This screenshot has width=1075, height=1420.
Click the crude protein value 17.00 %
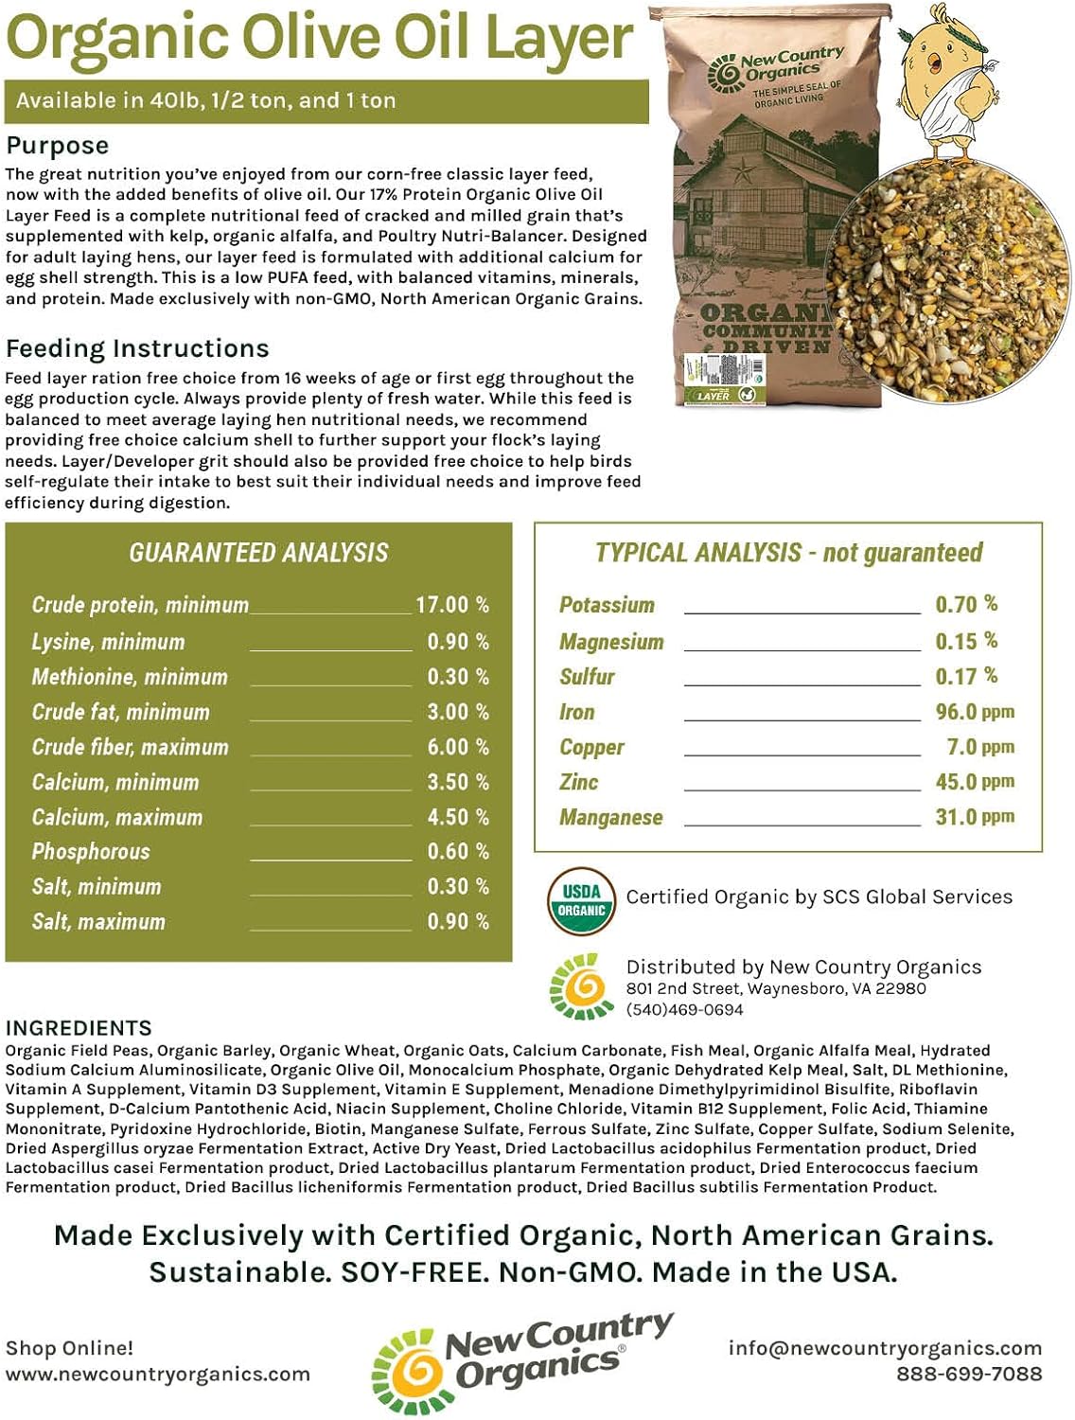(x=452, y=605)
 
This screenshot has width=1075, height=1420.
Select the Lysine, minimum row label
(x=108, y=642)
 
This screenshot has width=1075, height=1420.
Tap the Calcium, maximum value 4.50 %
(x=458, y=817)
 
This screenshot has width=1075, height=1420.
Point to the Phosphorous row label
(x=91, y=852)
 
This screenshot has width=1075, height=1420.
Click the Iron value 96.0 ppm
(x=974, y=712)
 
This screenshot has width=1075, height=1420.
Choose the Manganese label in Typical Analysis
(x=610, y=817)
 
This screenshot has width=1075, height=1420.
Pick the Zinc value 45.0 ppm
(x=974, y=782)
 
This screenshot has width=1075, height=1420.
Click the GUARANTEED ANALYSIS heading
(x=258, y=553)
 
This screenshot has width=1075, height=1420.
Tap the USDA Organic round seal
(x=581, y=900)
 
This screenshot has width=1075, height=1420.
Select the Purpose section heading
(x=58, y=146)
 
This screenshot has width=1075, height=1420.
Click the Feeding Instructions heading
(x=137, y=348)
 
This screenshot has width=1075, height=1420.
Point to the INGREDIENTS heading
(x=79, y=1028)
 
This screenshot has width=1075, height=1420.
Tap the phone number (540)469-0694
(x=684, y=1010)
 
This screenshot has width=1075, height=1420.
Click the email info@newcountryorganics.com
(x=884, y=1348)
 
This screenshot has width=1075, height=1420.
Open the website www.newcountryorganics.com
(x=158, y=1374)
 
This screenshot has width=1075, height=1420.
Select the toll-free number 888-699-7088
(x=969, y=1374)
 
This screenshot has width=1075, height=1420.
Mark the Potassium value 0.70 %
(x=966, y=604)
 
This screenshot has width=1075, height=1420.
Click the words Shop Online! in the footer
(x=70, y=1348)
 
